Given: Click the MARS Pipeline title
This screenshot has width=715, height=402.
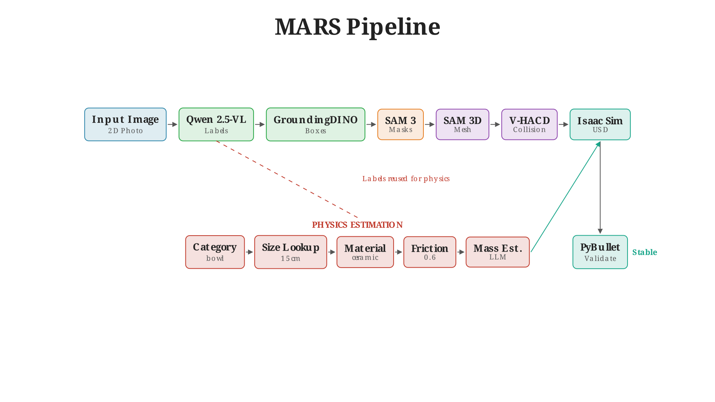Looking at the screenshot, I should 357,27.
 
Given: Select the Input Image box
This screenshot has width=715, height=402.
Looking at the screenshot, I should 125,124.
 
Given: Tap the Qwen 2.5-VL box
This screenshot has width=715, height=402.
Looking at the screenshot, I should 216,124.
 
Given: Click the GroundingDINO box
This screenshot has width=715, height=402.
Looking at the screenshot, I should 315,124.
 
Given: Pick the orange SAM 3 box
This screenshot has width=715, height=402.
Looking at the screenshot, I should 400,124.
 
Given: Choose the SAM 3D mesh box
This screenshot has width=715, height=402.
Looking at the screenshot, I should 462,124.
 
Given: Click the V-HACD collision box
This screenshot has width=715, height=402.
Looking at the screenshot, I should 529,124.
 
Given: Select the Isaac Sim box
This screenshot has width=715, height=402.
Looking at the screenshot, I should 600,124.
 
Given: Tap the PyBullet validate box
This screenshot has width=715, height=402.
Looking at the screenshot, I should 600,252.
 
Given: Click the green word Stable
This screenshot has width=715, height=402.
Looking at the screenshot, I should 644,252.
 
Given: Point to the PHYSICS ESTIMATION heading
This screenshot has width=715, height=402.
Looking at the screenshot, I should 357,225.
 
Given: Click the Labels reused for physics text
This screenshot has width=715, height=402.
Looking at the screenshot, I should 406,179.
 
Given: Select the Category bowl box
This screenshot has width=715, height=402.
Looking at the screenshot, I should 215,252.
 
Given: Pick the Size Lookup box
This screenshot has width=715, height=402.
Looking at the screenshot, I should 290,252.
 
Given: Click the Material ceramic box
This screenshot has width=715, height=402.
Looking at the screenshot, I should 365,252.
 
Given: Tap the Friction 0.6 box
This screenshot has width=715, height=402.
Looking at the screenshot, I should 429,252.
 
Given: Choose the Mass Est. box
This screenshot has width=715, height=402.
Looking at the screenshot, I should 498,252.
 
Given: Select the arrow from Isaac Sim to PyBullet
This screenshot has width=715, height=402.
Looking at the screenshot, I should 600,186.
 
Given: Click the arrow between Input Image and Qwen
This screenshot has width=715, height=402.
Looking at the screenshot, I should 172,124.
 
